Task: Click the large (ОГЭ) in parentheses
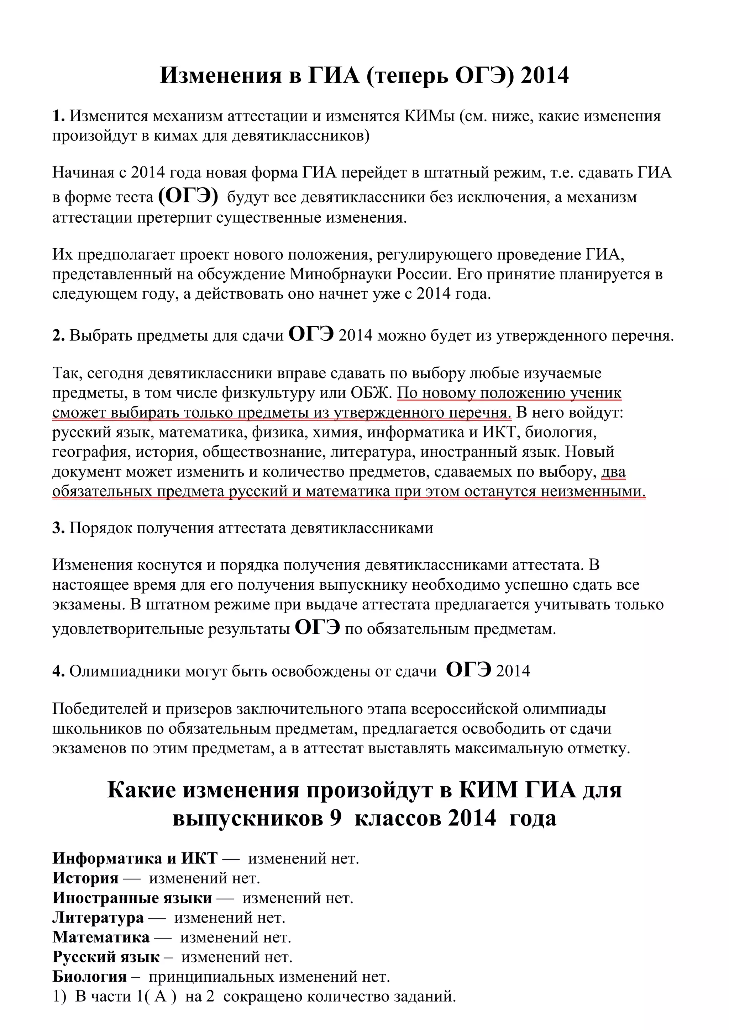coord(189,196)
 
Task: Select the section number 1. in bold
coord(59,116)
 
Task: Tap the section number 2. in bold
coord(59,335)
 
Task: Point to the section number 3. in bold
coord(59,528)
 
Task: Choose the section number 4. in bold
coord(59,671)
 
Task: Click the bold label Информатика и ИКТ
coord(135,859)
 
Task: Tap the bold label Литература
coord(98,917)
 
